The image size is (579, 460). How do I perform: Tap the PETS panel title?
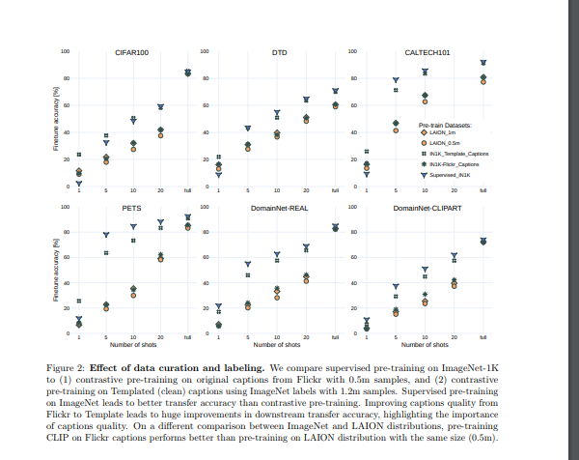coord(133,208)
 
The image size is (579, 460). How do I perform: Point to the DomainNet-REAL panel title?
coord(279,208)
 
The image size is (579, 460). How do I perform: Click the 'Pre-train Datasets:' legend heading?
coord(445,125)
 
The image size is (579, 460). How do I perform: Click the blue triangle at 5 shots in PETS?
coord(106,235)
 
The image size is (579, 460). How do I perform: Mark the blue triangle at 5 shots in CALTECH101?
coord(396,80)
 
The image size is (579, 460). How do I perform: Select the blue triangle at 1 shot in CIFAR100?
coord(79,183)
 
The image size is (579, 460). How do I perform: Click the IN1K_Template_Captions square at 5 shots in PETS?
coord(106,252)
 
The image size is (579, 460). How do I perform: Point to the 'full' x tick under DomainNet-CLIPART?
coord(483,337)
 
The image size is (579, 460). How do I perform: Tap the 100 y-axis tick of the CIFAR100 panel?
coord(66,50)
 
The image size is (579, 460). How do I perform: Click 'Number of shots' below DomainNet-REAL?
coord(278,344)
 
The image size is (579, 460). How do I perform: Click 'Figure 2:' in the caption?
coord(68,368)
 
